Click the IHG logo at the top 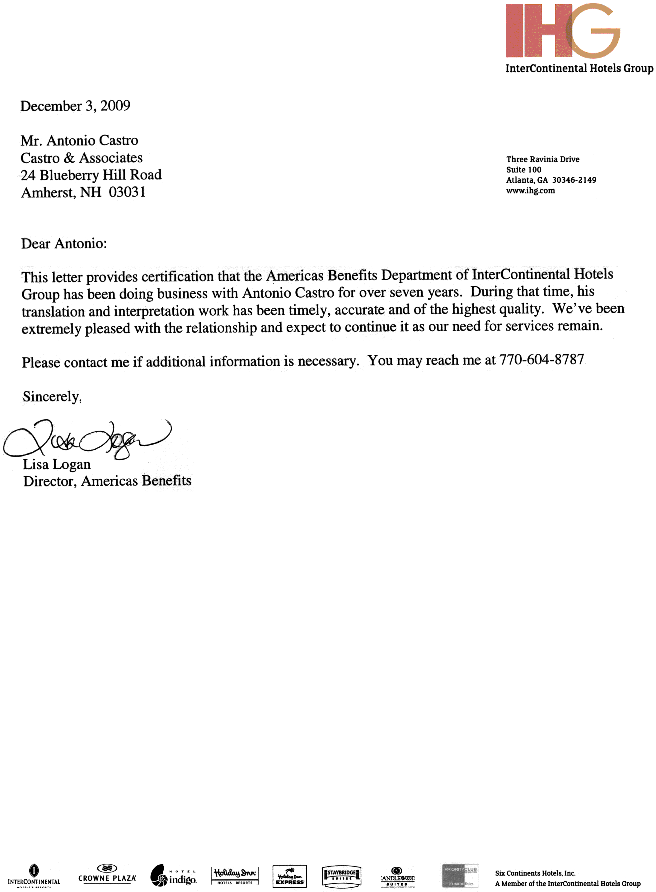(x=562, y=31)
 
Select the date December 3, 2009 (x=75, y=106)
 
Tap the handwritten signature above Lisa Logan (x=87, y=439)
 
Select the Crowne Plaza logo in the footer (x=107, y=875)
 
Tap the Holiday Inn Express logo (x=289, y=876)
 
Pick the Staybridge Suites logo (x=341, y=876)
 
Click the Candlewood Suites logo (x=397, y=876)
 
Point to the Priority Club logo (x=461, y=875)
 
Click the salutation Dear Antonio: (x=64, y=244)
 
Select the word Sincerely (x=51, y=397)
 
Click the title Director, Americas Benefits (x=107, y=481)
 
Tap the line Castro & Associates (x=82, y=158)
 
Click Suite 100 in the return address (x=523, y=170)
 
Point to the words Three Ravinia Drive (x=542, y=160)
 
